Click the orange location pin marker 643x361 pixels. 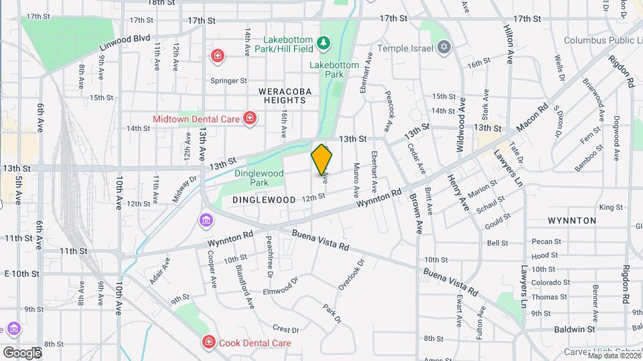(322, 161)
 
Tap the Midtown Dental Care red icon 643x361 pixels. (250, 119)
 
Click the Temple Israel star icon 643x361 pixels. (443, 47)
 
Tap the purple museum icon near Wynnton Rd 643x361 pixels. (206, 220)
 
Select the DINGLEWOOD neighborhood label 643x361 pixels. (264, 199)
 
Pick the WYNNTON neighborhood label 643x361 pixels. (571, 220)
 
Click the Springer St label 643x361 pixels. (229, 81)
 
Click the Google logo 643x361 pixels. (21, 352)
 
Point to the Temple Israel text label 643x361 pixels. (407, 48)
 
